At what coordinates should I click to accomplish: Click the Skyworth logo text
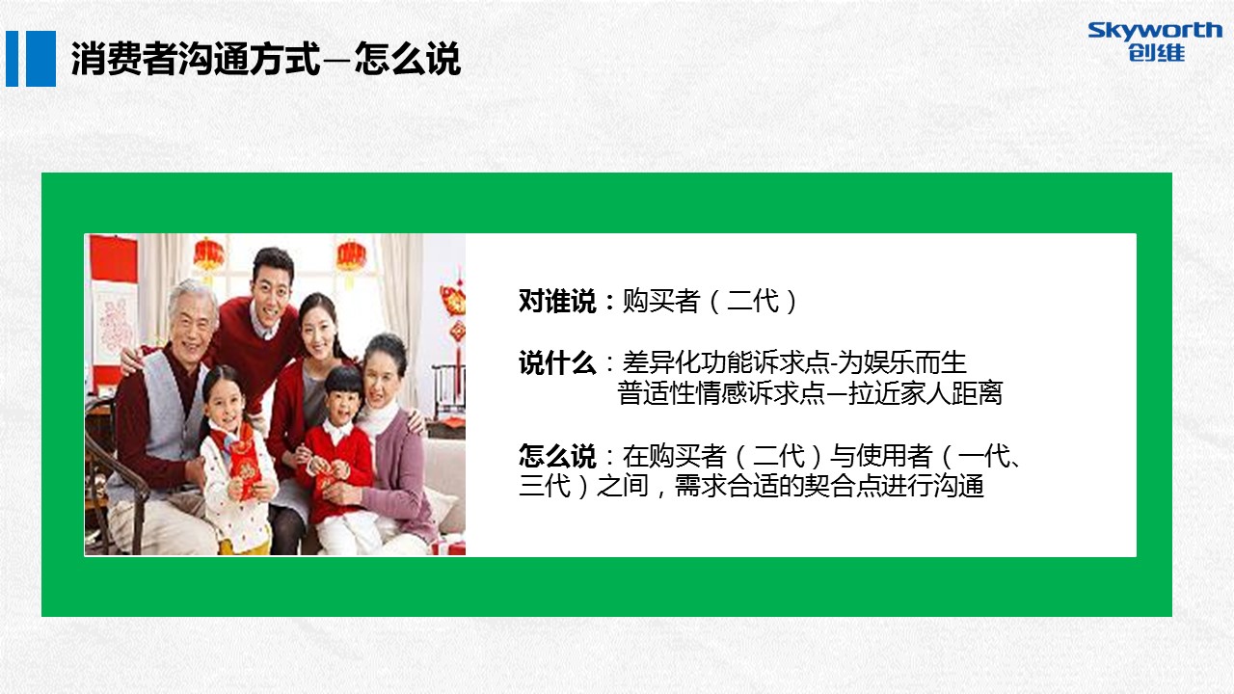pos(1155,31)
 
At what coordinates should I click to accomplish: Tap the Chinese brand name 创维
pos(1156,53)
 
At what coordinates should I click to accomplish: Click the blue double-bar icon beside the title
pos(31,59)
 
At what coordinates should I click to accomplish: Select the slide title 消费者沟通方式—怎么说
pos(266,59)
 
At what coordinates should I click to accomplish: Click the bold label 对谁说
pos(557,302)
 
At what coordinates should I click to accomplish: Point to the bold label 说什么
pos(557,363)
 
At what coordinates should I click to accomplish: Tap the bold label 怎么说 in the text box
pos(557,456)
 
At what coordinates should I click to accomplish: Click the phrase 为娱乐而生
pos(902,363)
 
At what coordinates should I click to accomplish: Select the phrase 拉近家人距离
pos(925,393)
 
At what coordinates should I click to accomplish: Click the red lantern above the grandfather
pos(208,255)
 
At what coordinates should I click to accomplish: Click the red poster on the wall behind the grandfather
pos(114,259)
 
